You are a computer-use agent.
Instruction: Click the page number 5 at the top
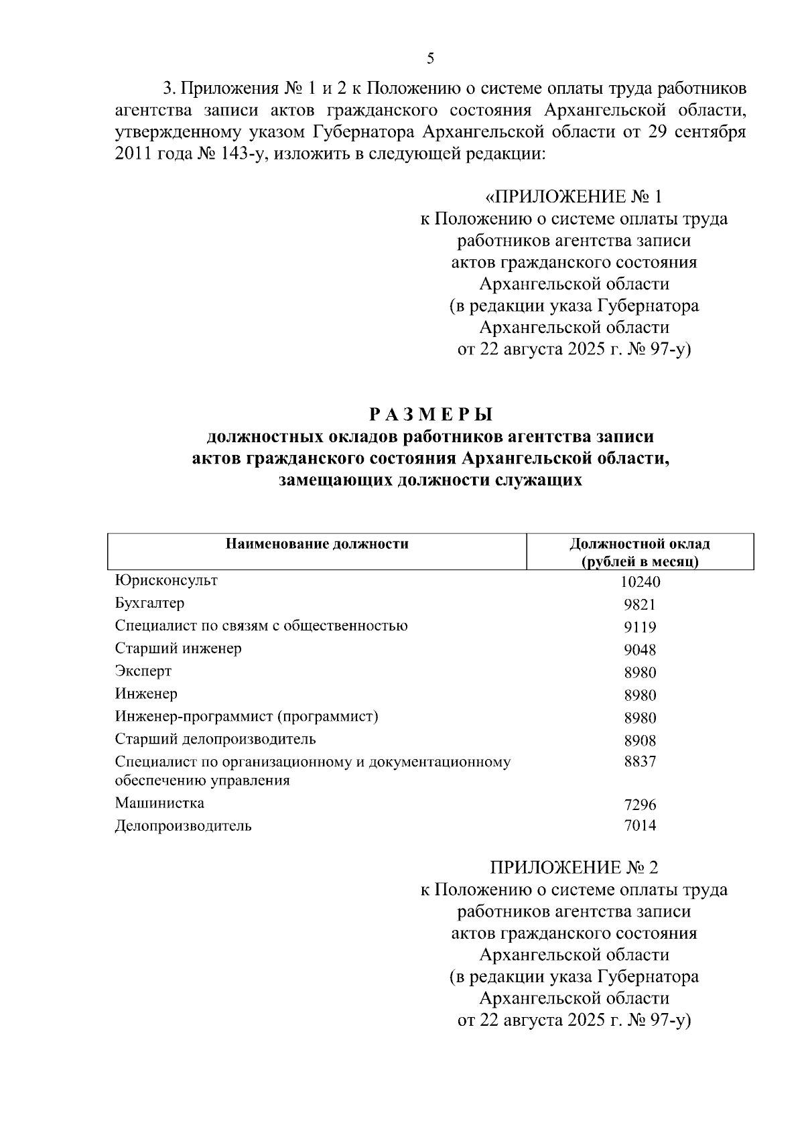[x=430, y=58]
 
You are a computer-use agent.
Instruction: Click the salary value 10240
[x=640, y=582]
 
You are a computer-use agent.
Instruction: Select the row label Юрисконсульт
[x=166, y=580]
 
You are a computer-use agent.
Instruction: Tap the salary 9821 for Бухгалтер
[x=640, y=605]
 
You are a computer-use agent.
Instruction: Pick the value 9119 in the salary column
[x=640, y=628]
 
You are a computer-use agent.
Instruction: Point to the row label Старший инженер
[x=178, y=649]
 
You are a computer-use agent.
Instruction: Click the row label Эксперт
[x=143, y=671]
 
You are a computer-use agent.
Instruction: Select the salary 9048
[x=640, y=650]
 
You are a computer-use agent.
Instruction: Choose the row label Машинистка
[x=159, y=803]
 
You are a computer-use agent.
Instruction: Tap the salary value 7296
[x=640, y=805]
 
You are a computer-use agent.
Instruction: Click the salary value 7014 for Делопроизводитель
[x=640, y=825]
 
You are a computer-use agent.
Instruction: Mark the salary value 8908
[x=640, y=741]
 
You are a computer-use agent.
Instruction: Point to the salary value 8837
[x=640, y=762]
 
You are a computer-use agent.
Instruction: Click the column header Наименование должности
[x=317, y=544]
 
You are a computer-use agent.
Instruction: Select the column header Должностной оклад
[x=640, y=544]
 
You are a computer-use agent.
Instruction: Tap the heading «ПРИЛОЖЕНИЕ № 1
[x=574, y=197]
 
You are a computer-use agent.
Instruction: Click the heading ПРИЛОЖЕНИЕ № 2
[x=574, y=868]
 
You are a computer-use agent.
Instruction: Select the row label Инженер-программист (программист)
[x=247, y=717]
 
